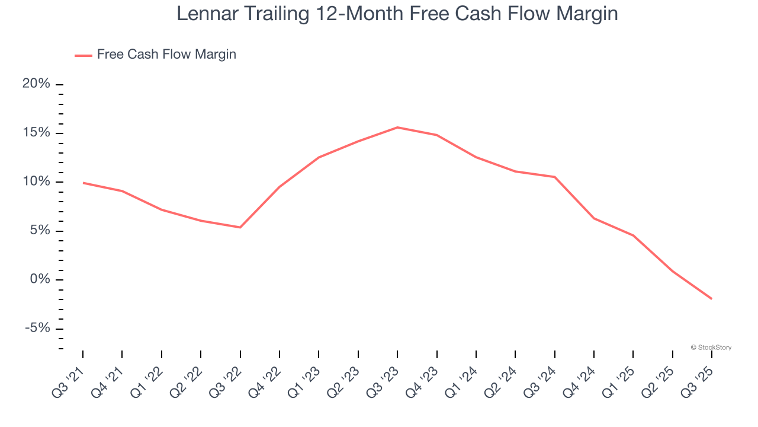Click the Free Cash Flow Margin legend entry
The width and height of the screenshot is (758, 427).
pyautogui.click(x=166, y=55)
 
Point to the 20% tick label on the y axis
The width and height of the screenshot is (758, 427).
pyautogui.click(x=36, y=84)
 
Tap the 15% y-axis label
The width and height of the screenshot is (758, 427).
pyautogui.click(x=36, y=133)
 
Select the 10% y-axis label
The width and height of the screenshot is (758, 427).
pyautogui.click(x=36, y=181)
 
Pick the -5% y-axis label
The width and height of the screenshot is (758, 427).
pyautogui.click(x=37, y=329)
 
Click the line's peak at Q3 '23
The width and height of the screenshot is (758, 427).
pyautogui.click(x=397, y=128)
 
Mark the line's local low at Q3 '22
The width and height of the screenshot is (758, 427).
pyautogui.click(x=240, y=227)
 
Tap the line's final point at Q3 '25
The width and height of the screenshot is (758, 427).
pyautogui.click(x=711, y=298)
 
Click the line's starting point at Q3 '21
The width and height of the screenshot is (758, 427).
pyautogui.click(x=83, y=183)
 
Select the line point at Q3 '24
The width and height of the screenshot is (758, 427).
pyautogui.click(x=554, y=177)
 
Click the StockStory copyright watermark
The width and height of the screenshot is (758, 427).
pyautogui.click(x=711, y=348)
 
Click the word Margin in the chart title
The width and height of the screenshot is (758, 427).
pyautogui.click(x=586, y=14)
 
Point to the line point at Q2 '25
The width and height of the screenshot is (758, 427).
pyautogui.click(x=672, y=271)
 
